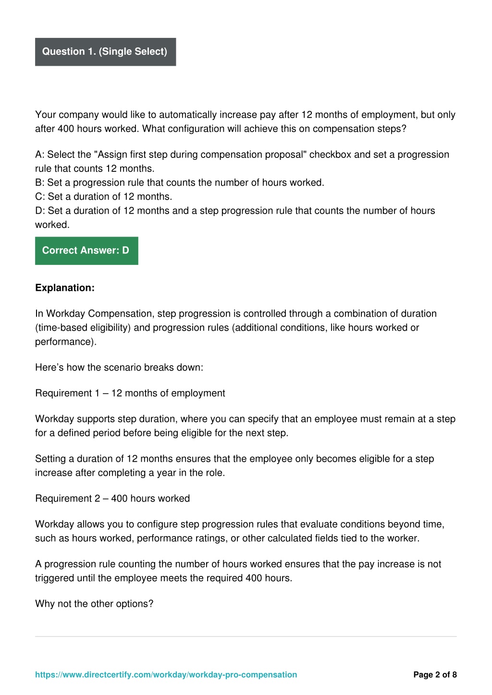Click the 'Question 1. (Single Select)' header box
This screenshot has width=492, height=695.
pyautogui.click(x=105, y=52)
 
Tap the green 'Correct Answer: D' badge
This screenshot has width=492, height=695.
pyautogui.click(x=86, y=251)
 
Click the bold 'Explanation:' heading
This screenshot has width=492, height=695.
pyautogui.click(x=65, y=288)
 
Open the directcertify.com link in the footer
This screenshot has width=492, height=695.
pyautogui.click(x=166, y=675)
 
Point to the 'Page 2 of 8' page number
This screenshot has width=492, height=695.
pyautogui.click(x=435, y=675)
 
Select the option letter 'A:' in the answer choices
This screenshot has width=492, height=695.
pyautogui.click(x=40, y=155)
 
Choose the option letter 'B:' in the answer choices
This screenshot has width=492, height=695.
pyautogui.click(x=40, y=182)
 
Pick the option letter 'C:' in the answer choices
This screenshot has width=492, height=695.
pyautogui.click(x=40, y=196)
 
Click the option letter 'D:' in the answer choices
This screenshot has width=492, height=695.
pyautogui.click(x=40, y=211)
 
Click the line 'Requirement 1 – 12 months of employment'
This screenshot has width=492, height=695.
pyautogui.click(x=130, y=394)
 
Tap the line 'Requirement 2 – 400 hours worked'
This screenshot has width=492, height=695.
pyautogui.click(x=112, y=499)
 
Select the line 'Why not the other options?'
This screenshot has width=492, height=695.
pyautogui.click(x=94, y=604)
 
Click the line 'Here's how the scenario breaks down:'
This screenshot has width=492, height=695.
pyautogui.click(x=119, y=368)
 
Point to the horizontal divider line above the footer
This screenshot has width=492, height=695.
pyautogui.click(x=246, y=636)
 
